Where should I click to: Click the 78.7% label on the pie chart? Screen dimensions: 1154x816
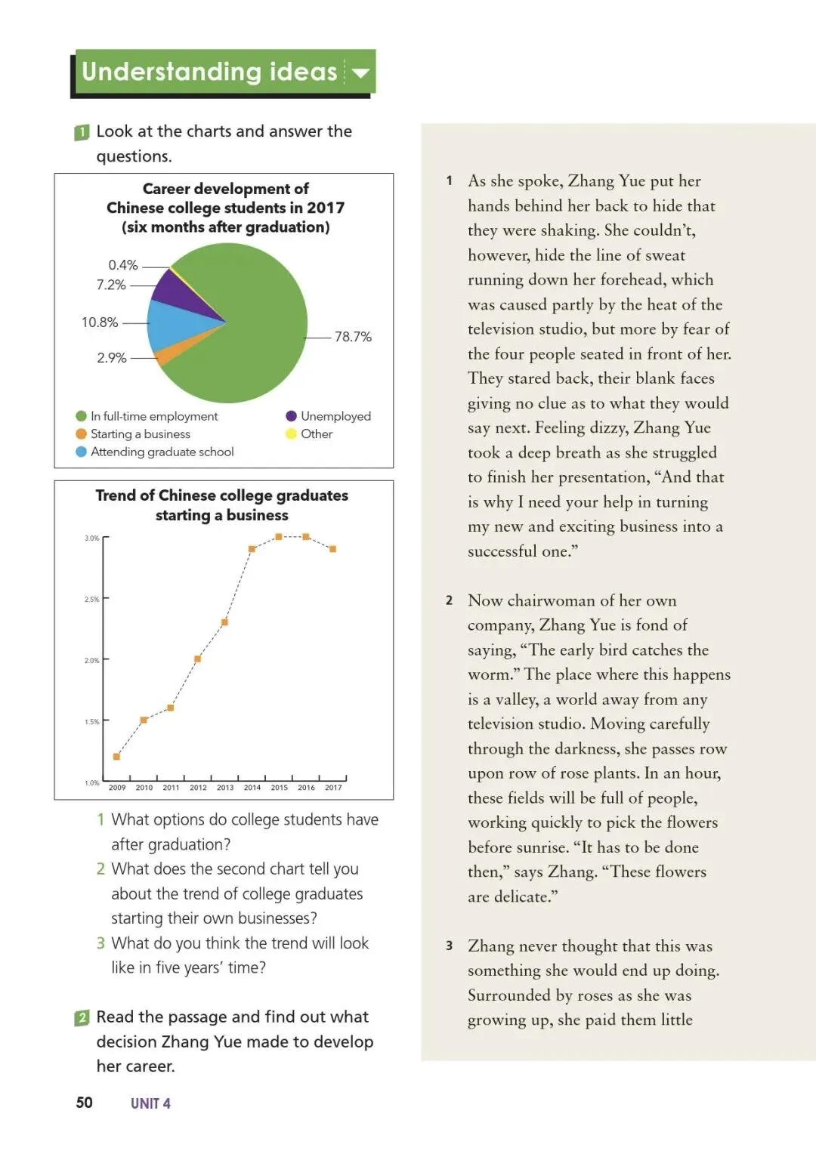(x=353, y=337)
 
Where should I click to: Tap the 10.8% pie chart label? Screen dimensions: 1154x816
(x=100, y=322)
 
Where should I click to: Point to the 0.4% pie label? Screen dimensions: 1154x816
(x=123, y=265)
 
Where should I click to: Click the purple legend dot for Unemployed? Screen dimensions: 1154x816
(x=291, y=416)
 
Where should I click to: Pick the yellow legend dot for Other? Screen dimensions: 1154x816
(x=291, y=434)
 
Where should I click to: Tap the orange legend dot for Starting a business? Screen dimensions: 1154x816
(x=82, y=434)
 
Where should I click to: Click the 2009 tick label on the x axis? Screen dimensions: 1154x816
(x=117, y=788)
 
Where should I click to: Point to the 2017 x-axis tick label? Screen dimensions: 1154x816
(x=333, y=788)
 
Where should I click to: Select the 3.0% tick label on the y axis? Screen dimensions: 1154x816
(x=91, y=538)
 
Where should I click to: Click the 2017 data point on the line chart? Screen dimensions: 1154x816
(x=332, y=549)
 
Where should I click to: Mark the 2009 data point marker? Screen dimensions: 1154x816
(x=116, y=756)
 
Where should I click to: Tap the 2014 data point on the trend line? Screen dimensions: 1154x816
(x=252, y=549)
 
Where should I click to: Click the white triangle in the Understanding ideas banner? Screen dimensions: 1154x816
(x=360, y=73)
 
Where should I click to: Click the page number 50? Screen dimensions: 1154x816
(x=84, y=1103)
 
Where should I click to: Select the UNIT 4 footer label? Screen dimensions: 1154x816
(x=150, y=1103)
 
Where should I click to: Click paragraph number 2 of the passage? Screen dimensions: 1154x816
(x=449, y=600)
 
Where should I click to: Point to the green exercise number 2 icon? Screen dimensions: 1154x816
(x=82, y=1018)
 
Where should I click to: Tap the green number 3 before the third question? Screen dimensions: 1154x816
(x=100, y=943)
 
